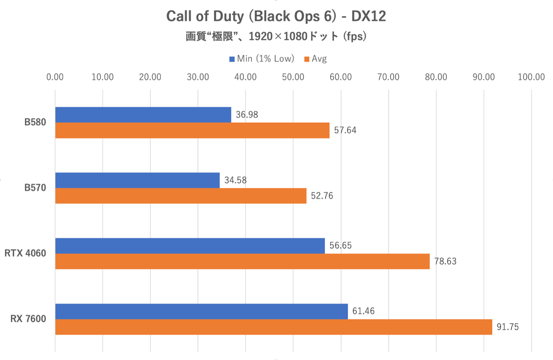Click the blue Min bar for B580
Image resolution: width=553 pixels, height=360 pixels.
143,115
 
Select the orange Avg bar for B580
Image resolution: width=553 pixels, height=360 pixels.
192,131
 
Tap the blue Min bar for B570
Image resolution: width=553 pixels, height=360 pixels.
137,180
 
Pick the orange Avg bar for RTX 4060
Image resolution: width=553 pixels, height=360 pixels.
242,261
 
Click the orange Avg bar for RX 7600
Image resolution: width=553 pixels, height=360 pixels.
273,327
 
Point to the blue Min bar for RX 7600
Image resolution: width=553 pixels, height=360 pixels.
201,311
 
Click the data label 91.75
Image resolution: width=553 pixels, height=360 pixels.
507,327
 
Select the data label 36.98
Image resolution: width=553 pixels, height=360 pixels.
247,115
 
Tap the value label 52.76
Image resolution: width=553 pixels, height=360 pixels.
322,196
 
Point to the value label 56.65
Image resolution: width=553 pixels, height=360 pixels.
340,245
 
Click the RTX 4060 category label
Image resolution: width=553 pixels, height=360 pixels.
25,253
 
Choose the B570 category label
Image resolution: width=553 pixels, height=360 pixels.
35,188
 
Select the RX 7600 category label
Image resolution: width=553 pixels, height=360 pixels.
28,319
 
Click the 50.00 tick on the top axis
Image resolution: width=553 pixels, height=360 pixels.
293,77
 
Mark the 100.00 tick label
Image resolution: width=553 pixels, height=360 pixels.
531,77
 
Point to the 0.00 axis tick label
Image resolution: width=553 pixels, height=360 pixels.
55,77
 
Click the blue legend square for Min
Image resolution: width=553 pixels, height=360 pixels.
232,59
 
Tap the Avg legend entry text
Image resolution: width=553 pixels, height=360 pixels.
319,59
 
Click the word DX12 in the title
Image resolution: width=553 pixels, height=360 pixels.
368,16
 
